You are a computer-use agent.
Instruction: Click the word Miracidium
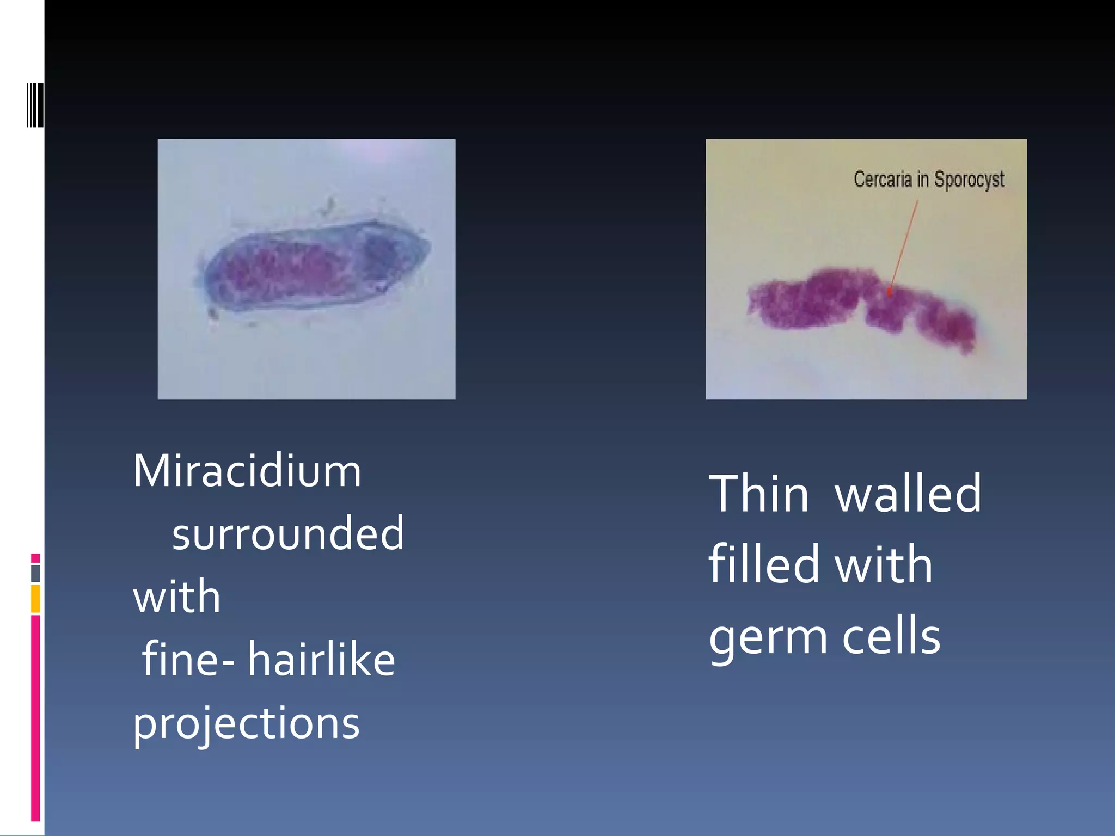tap(247, 471)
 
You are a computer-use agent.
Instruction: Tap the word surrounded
tap(288, 533)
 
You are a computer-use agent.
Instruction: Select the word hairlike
tap(321, 659)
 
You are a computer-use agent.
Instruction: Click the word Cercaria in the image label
tap(882, 179)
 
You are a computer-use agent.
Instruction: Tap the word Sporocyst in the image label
tap(969, 180)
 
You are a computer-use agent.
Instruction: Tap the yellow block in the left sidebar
tap(35, 599)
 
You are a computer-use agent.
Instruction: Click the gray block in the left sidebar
tap(35, 574)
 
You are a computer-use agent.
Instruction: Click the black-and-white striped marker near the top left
tap(35, 105)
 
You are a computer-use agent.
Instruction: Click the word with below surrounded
tap(177, 597)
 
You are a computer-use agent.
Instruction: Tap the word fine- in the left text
tap(188, 659)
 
